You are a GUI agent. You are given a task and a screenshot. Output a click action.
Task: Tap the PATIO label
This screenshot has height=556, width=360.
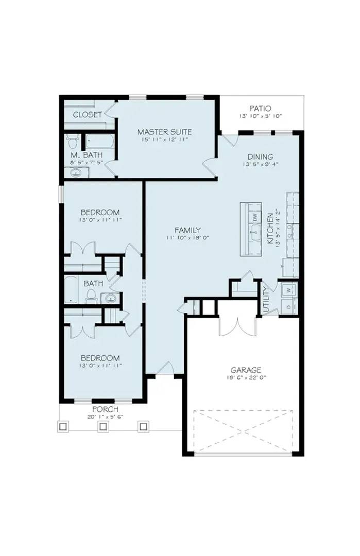click(x=260, y=109)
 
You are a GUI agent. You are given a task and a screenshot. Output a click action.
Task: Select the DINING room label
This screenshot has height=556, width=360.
click(x=260, y=157)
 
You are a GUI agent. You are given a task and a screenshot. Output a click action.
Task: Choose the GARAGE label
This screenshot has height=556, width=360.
click(x=246, y=370)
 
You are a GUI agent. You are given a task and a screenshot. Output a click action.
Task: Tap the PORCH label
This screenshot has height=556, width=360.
click(x=106, y=409)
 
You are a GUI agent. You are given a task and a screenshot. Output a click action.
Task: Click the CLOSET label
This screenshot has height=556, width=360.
click(x=87, y=114)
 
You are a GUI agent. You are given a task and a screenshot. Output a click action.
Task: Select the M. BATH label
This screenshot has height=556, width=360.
click(x=87, y=155)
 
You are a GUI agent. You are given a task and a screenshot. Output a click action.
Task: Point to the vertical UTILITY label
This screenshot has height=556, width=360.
click(x=266, y=301)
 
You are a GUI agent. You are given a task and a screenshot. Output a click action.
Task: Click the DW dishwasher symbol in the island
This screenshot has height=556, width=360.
click(x=254, y=216)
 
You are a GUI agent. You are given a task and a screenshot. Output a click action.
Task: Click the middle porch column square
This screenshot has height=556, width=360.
click(x=103, y=426)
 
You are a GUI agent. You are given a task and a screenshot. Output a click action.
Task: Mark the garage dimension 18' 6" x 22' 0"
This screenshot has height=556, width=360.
click(x=246, y=377)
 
